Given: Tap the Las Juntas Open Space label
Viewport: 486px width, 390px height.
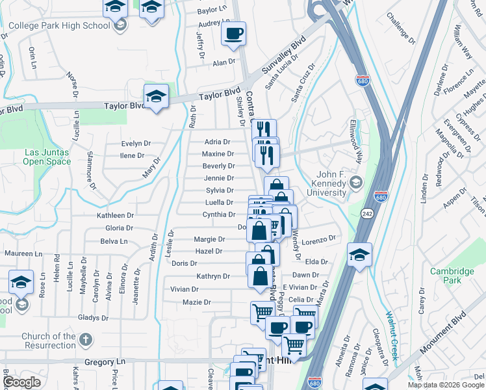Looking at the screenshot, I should point(47,157).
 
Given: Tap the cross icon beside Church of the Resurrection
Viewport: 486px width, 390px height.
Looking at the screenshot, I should point(86,340).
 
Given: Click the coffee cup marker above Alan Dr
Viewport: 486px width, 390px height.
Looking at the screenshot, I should point(233,33).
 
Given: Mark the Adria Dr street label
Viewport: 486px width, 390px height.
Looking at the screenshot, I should point(218,142).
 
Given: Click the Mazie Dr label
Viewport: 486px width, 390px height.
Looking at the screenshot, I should point(197,302).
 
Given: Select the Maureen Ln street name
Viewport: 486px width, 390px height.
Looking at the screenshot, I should point(23,253).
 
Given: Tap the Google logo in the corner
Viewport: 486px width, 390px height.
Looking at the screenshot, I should point(21,382).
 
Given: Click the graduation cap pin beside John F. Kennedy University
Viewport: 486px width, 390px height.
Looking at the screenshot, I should point(355,183).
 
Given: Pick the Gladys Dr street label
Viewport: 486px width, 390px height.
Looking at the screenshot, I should point(92,318).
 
